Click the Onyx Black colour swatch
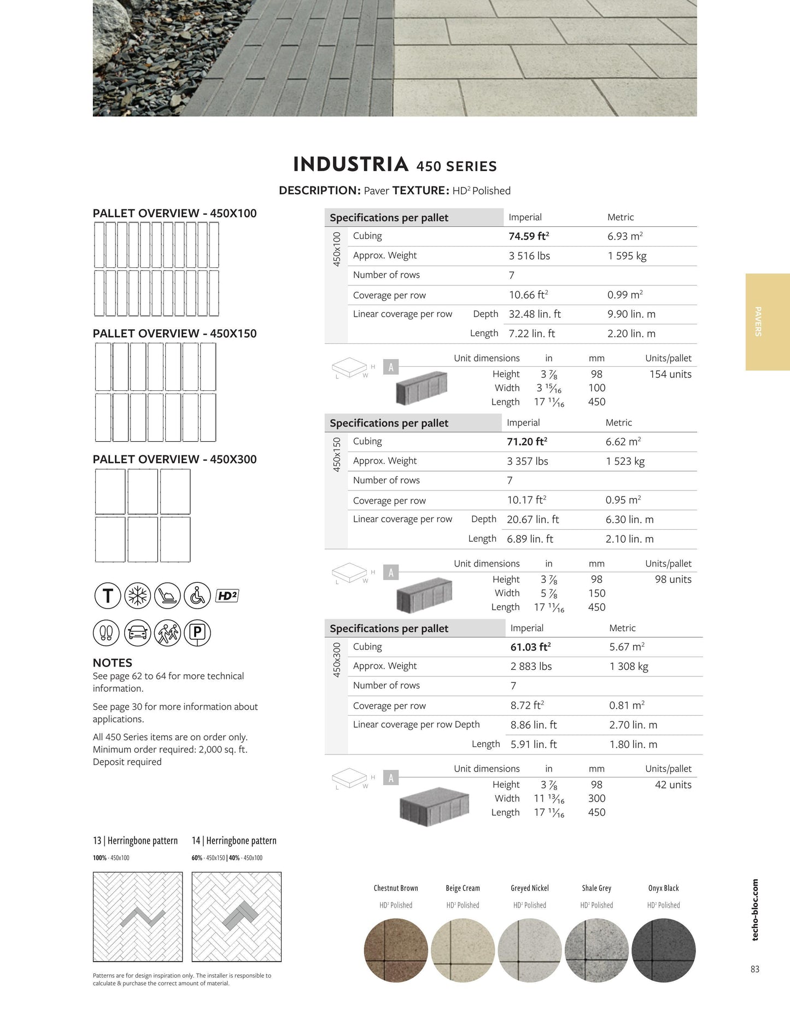(x=663, y=950)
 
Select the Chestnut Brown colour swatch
(x=396, y=950)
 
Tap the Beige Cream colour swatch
(x=463, y=950)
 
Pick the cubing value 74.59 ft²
(x=529, y=236)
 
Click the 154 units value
(x=670, y=374)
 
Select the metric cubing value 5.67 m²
(x=627, y=647)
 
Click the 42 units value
(x=673, y=785)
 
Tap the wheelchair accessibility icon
(x=197, y=596)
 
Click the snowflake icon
(x=138, y=596)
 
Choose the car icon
(x=138, y=633)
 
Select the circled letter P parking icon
(x=197, y=633)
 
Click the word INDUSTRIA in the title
(x=351, y=164)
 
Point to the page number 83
(x=754, y=969)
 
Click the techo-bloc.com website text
(x=755, y=910)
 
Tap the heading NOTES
(x=113, y=663)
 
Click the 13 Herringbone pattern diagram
(x=138, y=916)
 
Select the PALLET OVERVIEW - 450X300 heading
(x=174, y=459)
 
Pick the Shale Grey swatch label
(x=596, y=888)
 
